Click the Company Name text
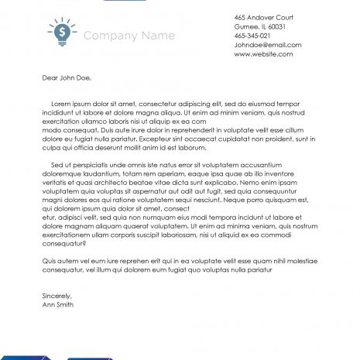coord(129,36)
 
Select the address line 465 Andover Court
coord(263,16)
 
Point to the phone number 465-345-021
coord(252,35)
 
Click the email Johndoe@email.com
coord(268,44)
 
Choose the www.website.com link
coord(263,53)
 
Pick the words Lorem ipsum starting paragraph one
coord(70,103)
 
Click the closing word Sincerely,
coord(57,296)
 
